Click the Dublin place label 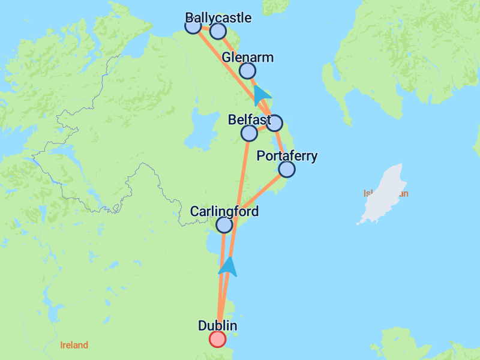[x=217, y=326]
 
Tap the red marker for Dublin [x=217, y=339]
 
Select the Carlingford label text [x=224, y=212]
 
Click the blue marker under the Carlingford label [x=224, y=225]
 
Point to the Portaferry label [x=287, y=157]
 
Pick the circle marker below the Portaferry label [x=287, y=169]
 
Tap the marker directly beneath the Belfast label [x=249, y=133]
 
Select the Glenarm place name [x=247, y=58]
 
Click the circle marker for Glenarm [x=247, y=71]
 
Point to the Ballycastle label [x=218, y=17]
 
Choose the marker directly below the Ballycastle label [x=218, y=31]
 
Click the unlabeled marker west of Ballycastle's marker [x=193, y=26]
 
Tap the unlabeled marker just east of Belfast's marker [x=274, y=123]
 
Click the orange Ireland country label [x=74, y=345]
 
